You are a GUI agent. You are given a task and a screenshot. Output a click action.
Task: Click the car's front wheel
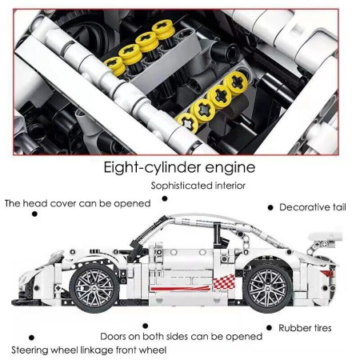click(x=94, y=288)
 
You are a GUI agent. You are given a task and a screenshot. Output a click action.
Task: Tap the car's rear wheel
click(x=268, y=288)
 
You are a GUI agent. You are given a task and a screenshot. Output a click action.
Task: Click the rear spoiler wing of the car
click(x=326, y=237)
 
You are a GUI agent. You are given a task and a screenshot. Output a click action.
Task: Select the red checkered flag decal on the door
click(x=224, y=282)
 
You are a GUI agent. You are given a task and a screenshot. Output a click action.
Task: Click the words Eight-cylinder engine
click(x=179, y=167)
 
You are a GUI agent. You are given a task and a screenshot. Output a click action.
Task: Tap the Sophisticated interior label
click(x=198, y=186)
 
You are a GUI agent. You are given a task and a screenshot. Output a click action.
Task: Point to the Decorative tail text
click(x=313, y=207)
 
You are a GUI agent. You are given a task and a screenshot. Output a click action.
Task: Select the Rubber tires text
click(x=305, y=328)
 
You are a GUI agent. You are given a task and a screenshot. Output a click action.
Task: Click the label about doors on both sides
click(x=182, y=336)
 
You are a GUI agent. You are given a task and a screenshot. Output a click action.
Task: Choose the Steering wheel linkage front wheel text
click(x=89, y=350)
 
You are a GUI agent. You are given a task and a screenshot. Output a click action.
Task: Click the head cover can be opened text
click(x=78, y=203)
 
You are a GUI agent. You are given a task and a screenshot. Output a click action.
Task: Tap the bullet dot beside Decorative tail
click(x=270, y=207)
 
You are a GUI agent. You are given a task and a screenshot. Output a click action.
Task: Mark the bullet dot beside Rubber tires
click(x=269, y=328)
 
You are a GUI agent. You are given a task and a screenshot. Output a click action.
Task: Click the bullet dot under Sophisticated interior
click(x=165, y=198)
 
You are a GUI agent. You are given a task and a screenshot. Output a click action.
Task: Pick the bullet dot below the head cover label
click(x=34, y=214)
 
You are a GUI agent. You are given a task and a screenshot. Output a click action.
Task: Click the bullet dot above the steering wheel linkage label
click(x=31, y=338)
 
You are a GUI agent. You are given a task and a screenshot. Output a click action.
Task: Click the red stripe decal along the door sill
click(x=180, y=288)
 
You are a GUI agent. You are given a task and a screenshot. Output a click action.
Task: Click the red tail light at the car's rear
click(x=327, y=274)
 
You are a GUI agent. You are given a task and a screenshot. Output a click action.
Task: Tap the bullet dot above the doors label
click(x=146, y=326)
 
